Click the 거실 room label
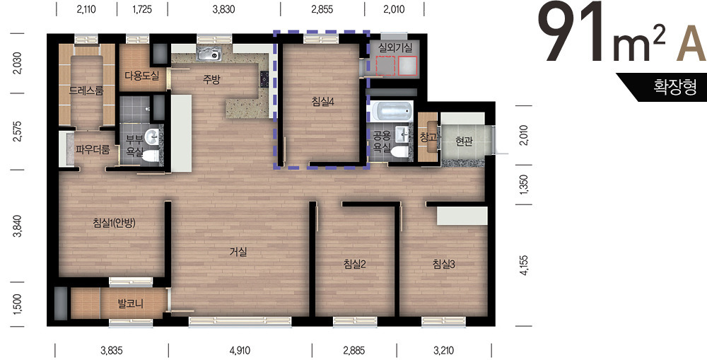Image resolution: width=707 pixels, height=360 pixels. (238, 252)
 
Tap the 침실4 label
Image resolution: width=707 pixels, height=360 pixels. (322, 103)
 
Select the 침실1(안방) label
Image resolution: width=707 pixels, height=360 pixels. (114, 222)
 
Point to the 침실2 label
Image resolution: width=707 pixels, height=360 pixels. (354, 265)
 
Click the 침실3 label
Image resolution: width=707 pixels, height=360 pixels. (444, 265)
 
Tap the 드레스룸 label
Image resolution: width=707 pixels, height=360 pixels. (86, 91)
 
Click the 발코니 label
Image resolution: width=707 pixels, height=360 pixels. (130, 303)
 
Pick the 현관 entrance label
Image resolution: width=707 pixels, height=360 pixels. (464, 141)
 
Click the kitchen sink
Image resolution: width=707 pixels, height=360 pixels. (209, 54)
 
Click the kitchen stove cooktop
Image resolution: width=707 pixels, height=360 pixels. (264, 79)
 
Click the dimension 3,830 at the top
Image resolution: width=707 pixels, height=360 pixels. (223, 9)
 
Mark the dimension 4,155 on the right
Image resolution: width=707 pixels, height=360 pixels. (524, 265)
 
